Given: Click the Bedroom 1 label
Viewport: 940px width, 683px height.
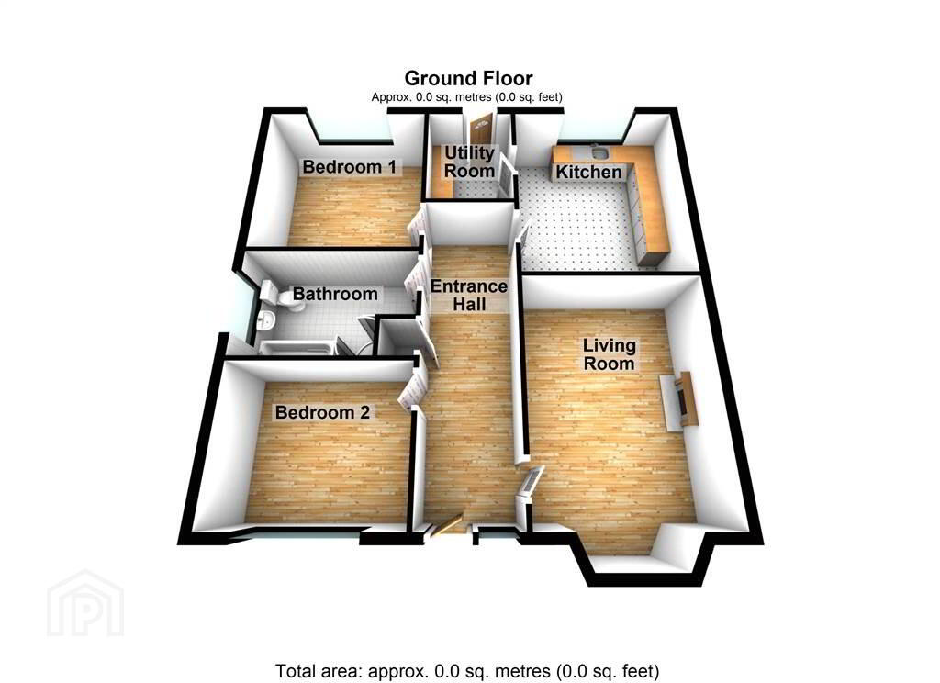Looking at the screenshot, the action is [349, 167].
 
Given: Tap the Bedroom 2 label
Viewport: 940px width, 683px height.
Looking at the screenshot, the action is [322, 412].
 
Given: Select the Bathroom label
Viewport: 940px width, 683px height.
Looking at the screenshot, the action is [335, 294].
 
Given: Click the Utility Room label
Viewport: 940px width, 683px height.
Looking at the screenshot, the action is [469, 162].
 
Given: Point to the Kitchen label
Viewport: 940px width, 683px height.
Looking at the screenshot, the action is [588, 172].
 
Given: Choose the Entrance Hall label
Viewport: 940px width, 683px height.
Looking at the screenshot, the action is [469, 295].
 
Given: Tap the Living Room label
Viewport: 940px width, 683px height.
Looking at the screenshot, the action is [610, 354].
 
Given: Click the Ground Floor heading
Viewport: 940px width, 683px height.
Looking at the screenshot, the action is [468, 79].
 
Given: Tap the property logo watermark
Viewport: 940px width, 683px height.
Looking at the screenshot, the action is [85, 603].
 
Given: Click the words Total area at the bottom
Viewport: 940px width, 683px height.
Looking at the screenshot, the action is [319, 670].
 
